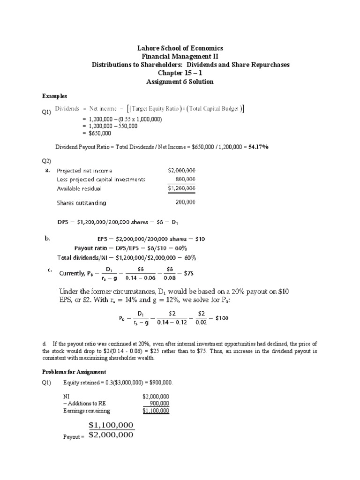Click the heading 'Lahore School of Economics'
coord(180,48)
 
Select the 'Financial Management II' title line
coord(180,56)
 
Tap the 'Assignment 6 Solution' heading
coord(180,82)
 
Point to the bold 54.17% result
coord(258,147)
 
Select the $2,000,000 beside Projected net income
coord(181,171)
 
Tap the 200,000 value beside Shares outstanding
coord(185,203)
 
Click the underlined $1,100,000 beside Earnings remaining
coord(156,411)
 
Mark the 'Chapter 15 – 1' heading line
coord(180,73)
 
